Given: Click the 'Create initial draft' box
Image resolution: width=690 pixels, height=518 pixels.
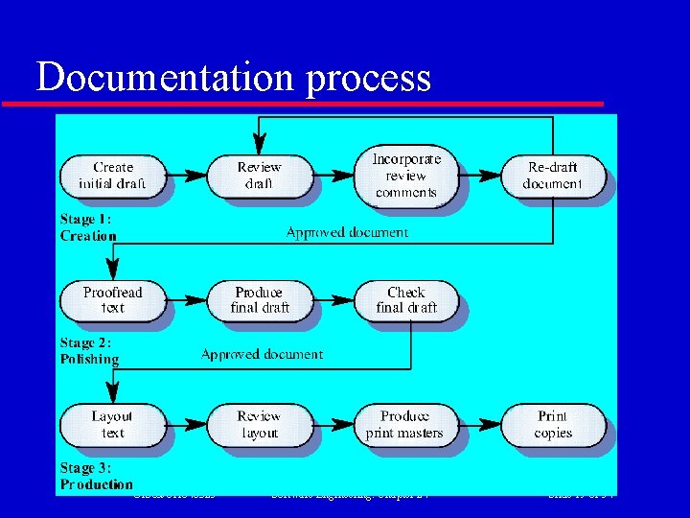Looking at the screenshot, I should [113, 176].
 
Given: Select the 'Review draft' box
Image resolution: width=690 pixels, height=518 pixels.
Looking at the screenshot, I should [259, 176].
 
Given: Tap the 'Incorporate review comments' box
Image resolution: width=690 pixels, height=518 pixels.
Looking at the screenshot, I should [405, 176].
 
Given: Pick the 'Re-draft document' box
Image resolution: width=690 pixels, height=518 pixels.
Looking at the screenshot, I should [553, 176].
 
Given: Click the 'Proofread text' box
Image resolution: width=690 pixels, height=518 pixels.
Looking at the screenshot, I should [113, 299].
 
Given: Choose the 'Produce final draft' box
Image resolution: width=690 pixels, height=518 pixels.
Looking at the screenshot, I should [259, 299].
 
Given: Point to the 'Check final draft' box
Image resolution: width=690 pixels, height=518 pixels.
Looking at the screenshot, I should [405, 299].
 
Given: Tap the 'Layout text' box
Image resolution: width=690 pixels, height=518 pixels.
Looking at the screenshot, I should [113, 424].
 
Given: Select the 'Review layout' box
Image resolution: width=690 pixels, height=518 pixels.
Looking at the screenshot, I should [259, 424].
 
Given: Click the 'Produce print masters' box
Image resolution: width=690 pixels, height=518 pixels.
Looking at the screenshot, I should [405, 424].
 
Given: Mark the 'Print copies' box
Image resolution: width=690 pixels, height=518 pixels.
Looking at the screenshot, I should [553, 424].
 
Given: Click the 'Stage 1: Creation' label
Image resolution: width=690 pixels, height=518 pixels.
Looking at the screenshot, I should [88, 227].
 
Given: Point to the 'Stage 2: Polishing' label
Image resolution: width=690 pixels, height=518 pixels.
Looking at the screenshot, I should [89, 351].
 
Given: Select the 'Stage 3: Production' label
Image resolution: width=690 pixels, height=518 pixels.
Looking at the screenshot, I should [96, 476].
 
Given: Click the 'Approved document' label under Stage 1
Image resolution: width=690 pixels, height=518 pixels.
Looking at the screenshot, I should [347, 232].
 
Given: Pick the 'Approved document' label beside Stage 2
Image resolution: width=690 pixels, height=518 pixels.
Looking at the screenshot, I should [262, 354].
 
